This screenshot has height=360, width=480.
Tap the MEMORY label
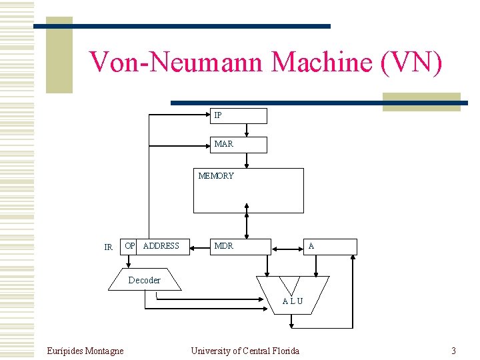(216, 176)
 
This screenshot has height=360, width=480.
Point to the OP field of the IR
(129, 246)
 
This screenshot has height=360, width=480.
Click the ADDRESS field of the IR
(163, 246)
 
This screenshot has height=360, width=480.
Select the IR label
(108, 247)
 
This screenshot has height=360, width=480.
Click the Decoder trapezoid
(144, 280)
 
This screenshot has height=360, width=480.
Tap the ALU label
(292, 301)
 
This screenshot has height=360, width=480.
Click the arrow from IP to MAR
(247, 130)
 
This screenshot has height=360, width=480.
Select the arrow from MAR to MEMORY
(247, 161)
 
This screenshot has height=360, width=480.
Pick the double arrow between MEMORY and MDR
(247, 225)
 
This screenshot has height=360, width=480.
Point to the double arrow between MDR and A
(287, 250)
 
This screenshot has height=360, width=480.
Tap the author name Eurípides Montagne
(85, 351)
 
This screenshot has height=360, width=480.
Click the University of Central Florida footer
(245, 351)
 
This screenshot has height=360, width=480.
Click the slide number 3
(453, 351)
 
